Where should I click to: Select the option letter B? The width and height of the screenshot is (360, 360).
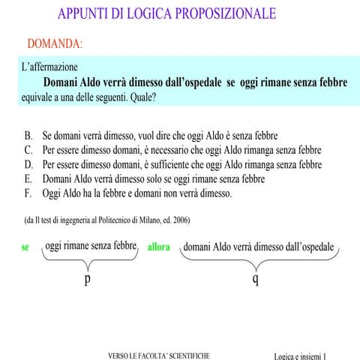[28, 136]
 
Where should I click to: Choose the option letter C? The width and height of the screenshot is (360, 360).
[28, 151]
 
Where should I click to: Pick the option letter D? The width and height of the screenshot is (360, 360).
[28, 165]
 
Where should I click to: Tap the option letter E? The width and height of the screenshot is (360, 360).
[28, 179]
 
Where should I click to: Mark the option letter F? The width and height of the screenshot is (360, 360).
[28, 193]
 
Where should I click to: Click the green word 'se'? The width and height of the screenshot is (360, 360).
[25, 247]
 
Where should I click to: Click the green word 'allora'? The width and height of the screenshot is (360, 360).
[159, 247]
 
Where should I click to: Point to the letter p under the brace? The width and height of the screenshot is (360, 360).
[88, 278]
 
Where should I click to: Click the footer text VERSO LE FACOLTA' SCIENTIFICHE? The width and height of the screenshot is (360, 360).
[159, 355]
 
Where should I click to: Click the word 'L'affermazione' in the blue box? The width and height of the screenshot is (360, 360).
[50, 67]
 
